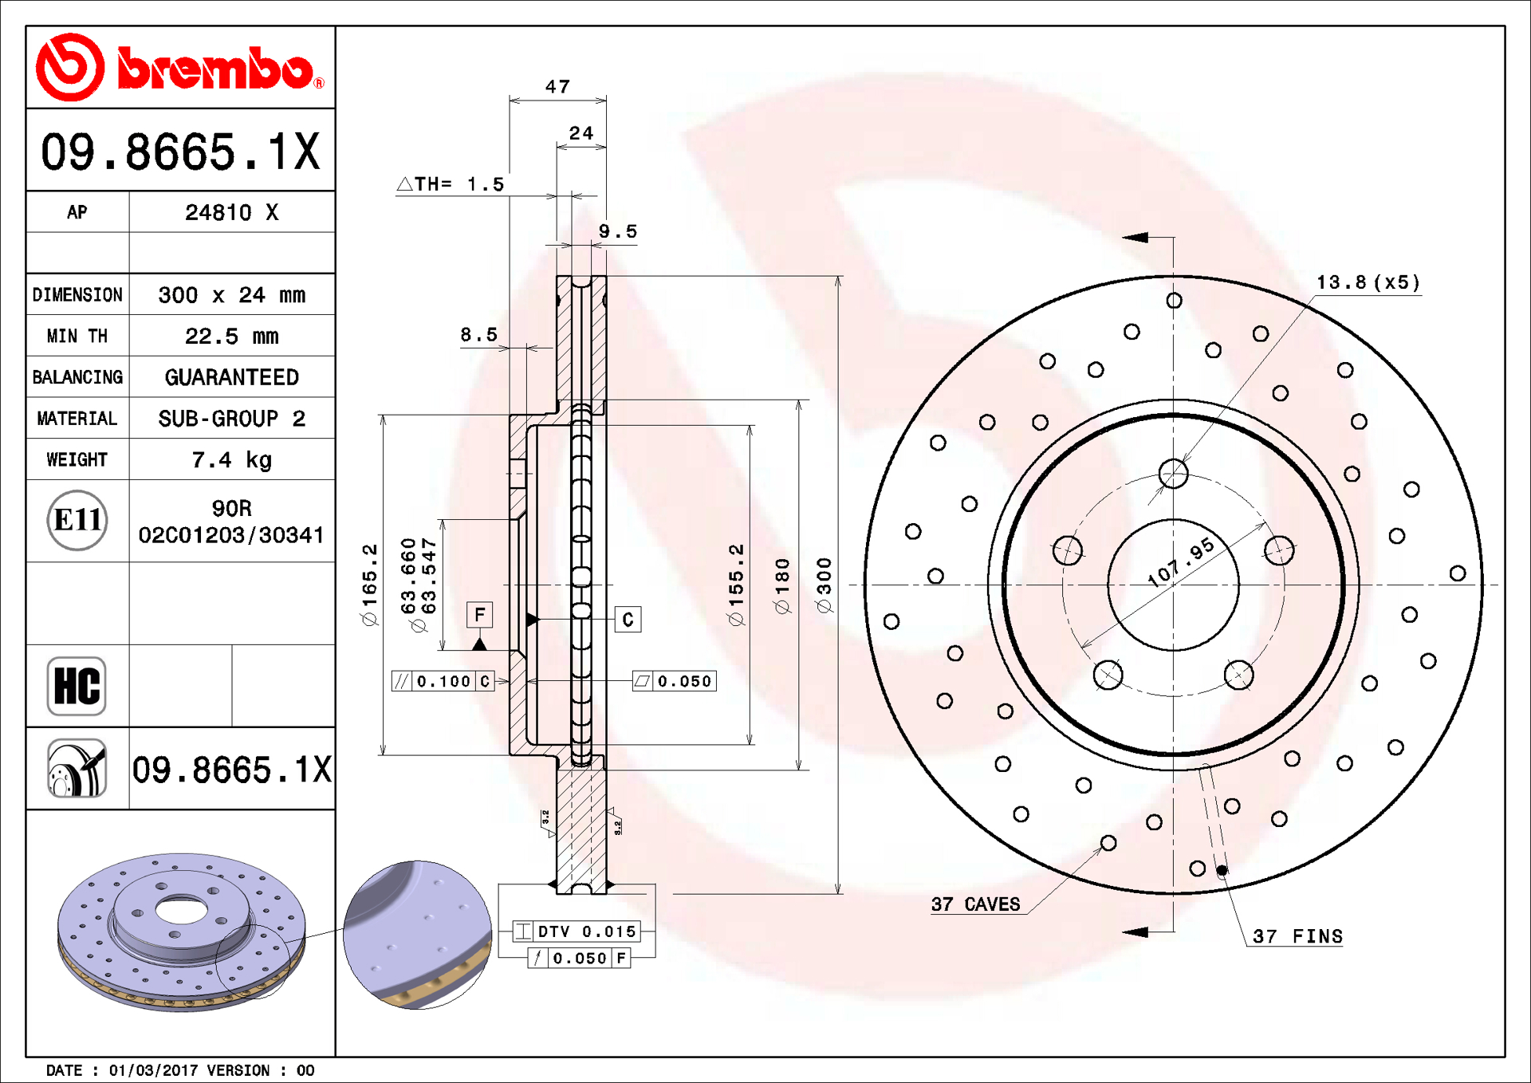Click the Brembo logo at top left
(x=180, y=68)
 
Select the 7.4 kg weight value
(x=231, y=460)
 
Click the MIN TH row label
(x=77, y=337)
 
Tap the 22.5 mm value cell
(x=231, y=337)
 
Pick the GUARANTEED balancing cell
(x=231, y=377)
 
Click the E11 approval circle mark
(x=77, y=521)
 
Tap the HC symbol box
(x=77, y=686)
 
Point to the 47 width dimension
(x=557, y=86)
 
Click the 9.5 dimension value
(x=618, y=231)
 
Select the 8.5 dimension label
(x=478, y=335)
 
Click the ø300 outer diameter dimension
(x=825, y=585)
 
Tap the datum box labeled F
(x=479, y=615)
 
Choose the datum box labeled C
(x=628, y=620)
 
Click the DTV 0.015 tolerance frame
(x=577, y=931)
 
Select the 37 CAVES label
(x=975, y=904)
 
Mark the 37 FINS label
(x=1297, y=936)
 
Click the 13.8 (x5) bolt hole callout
(x=1368, y=282)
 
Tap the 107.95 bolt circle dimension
(x=1181, y=561)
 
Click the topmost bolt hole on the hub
(x=1173, y=474)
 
